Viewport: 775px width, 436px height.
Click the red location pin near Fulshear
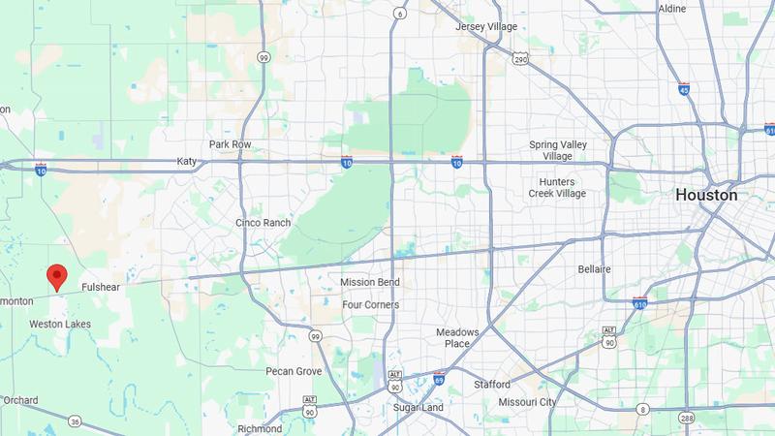pos(57,276)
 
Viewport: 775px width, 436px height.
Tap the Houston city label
pos(706,195)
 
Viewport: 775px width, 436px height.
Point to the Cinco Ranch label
pos(263,223)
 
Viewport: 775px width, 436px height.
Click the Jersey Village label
pos(486,26)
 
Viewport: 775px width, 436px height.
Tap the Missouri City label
pos(527,402)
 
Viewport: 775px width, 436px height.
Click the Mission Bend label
pos(370,282)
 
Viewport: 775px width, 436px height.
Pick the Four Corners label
pos(370,304)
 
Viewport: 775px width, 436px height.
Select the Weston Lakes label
pos(59,323)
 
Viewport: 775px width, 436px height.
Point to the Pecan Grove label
pos(294,371)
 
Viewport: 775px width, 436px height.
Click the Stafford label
pos(491,385)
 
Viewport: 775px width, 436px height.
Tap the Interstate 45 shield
pos(684,89)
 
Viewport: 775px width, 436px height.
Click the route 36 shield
pos(74,420)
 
